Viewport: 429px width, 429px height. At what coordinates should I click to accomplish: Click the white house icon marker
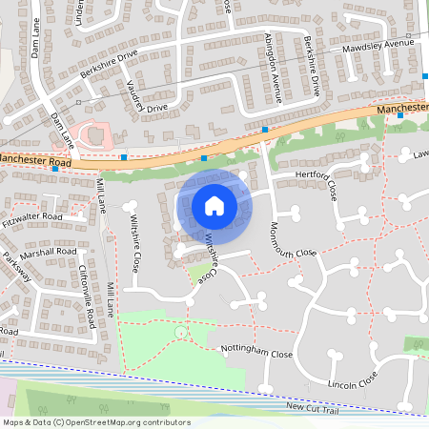coord(214,205)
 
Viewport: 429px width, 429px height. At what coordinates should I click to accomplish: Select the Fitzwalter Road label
coord(31,216)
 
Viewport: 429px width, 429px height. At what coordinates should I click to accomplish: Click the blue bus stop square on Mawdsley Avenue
coord(425,75)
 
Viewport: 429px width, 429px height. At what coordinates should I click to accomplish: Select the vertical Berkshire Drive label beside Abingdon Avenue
coord(312,67)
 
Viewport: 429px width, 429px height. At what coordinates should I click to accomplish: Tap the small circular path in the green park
coord(180,332)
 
